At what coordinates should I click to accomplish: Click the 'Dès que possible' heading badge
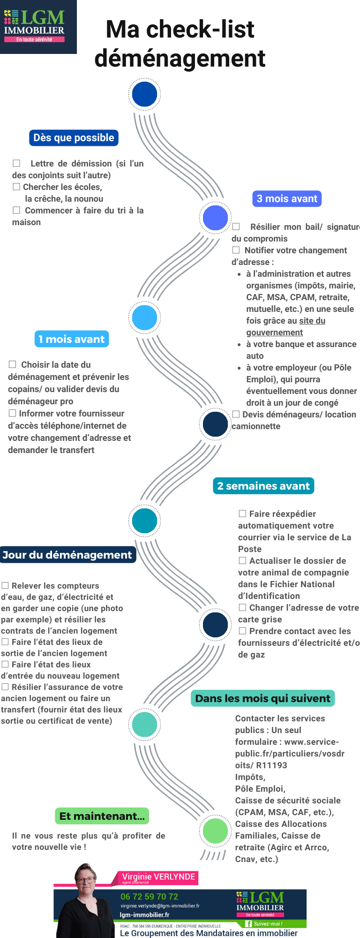point(74,138)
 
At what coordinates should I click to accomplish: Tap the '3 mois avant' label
point(287,199)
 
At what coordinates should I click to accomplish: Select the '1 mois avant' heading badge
point(72,339)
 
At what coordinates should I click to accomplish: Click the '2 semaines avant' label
point(263,486)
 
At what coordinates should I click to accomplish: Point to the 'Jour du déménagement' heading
point(67,555)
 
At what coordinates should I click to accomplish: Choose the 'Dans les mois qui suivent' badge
point(262,698)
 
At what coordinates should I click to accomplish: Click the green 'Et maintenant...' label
point(102,816)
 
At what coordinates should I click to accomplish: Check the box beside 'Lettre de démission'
point(16,163)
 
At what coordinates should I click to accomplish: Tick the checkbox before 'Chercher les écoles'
point(16,187)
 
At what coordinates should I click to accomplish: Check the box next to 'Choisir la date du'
point(13,364)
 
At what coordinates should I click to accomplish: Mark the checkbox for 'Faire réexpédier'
point(242,514)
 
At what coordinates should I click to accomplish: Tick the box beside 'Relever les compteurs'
point(5,585)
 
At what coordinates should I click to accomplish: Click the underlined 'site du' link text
point(312,321)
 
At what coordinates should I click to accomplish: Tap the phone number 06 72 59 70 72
point(149,897)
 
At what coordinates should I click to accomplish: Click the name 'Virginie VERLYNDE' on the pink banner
point(158,877)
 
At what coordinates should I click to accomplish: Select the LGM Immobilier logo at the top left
point(35,27)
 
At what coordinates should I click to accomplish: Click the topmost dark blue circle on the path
point(144,94)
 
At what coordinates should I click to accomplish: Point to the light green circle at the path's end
point(215,831)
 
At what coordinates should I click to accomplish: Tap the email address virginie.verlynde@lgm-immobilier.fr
point(160,906)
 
